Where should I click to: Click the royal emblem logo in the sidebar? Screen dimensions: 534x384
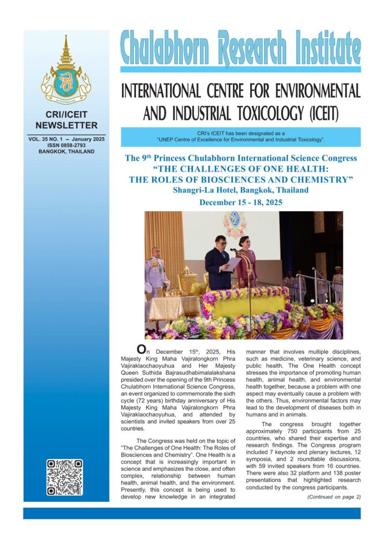point(66,71)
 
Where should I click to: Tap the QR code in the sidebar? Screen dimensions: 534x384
point(64,477)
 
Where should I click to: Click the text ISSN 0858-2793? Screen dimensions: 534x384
point(66,145)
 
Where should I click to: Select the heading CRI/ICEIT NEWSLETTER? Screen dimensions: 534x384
point(66,120)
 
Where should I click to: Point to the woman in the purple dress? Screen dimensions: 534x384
point(247,261)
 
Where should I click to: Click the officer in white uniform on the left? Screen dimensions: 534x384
point(155,271)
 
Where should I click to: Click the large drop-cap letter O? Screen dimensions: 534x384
point(140,349)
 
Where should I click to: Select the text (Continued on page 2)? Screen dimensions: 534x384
point(334,496)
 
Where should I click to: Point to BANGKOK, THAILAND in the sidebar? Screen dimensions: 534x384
point(66,152)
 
